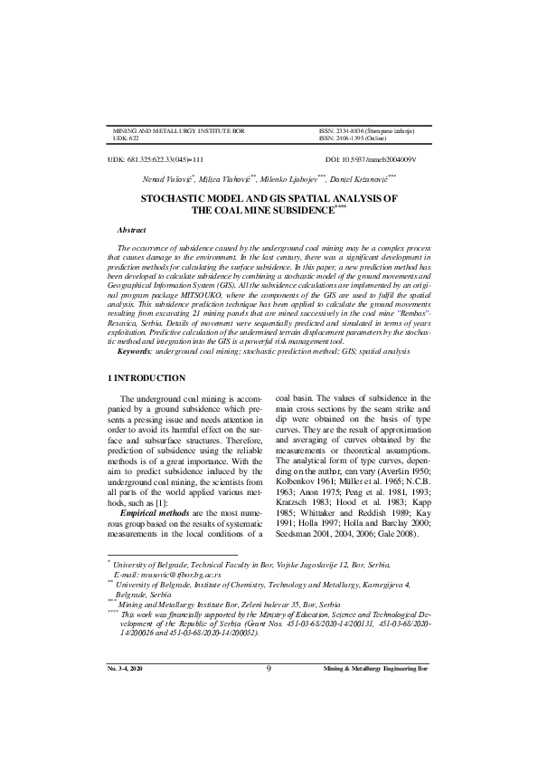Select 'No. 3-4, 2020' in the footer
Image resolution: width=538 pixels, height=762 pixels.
pos(124,719)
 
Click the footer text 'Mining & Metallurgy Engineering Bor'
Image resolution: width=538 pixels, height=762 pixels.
pos(376,719)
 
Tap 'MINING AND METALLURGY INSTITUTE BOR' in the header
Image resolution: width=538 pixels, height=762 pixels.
pos(178,131)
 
